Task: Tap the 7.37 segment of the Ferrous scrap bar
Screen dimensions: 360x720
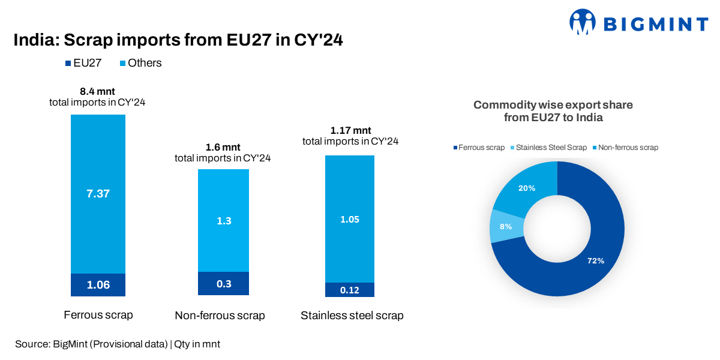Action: click(98, 193)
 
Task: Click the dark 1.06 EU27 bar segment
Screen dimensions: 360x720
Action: click(98, 285)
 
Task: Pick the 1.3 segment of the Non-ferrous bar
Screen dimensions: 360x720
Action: click(223, 220)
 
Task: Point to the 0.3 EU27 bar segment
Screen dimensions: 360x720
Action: click(223, 284)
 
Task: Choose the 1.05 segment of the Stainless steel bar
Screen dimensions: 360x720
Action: click(349, 219)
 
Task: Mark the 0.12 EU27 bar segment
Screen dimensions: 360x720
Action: click(349, 290)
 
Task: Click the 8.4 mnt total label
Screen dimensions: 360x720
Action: click(97, 92)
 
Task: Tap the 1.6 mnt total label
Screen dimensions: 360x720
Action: click(223, 148)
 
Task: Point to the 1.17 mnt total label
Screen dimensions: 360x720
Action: click(350, 130)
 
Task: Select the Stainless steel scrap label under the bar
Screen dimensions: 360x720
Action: click(352, 316)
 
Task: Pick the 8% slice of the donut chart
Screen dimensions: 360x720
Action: click(506, 226)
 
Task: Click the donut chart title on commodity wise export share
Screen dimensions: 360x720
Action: click(553, 112)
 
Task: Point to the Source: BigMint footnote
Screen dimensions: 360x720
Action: click(118, 344)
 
